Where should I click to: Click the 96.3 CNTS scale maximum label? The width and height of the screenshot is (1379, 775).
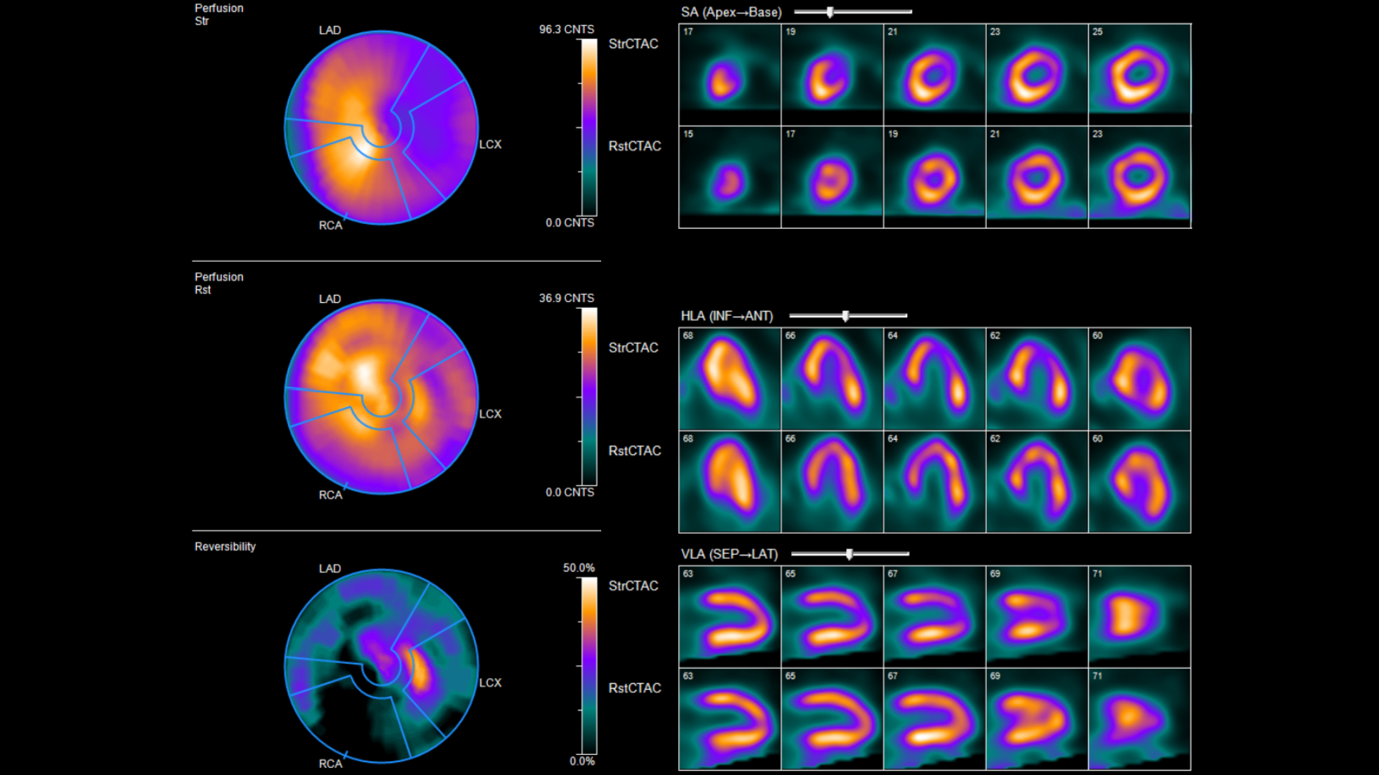(566, 29)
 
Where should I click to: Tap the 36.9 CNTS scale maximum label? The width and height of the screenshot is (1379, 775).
(566, 298)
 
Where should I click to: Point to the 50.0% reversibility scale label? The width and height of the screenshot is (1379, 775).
(578, 568)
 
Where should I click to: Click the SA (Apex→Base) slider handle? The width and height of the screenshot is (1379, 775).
(830, 12)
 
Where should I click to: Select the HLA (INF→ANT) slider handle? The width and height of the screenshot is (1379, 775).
(845, 316)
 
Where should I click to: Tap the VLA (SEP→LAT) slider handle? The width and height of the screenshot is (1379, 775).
(849, 554)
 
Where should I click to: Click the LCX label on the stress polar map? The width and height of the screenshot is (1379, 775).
(490, 144)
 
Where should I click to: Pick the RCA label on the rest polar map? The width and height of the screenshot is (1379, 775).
(330, 494)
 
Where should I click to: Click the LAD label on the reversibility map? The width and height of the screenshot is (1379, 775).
(330, 568)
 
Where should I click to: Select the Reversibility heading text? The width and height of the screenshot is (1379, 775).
(225, 547)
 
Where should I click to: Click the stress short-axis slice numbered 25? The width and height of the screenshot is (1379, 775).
(1139, 75)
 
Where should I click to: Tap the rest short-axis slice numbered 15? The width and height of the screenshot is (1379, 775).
(729, 177)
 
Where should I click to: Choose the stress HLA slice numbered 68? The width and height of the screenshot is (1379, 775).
(729, 379)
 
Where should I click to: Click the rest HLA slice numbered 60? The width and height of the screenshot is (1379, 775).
(1139, 482)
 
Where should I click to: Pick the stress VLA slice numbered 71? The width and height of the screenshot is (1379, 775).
(1139, 616)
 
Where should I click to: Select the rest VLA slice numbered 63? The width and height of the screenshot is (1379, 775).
(729, 719)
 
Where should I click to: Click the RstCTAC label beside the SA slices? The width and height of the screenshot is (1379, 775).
(634, 146)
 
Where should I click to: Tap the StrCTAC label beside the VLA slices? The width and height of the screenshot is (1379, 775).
(633, 586)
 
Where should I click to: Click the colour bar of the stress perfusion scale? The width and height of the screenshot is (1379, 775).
(589, 127)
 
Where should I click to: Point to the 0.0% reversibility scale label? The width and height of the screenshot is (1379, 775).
(582, 761)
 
